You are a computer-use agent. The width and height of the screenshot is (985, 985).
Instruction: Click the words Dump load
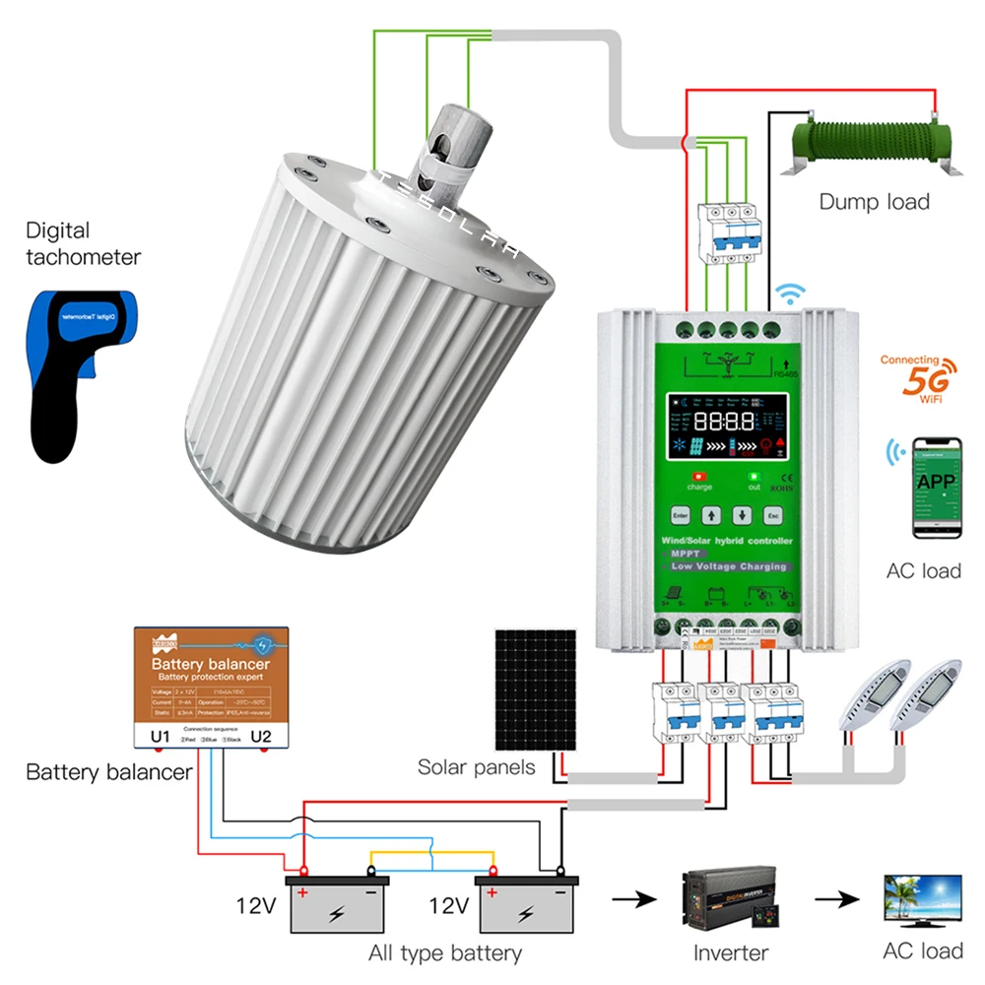pyautogui.click(x=874, y=202)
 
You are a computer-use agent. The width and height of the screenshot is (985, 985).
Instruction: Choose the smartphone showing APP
pyautogui.click(x=936, y=488)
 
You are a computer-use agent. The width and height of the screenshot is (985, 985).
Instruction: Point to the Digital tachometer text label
pyautogui.click(x=83, y=243)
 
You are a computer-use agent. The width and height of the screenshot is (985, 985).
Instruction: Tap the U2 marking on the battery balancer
pyautogui.click(x=262, y=736)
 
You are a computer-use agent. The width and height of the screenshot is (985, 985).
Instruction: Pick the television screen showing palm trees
pyautogui.click(x=922, y=898)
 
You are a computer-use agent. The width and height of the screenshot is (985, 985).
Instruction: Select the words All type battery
pyautogui.click(x=445, y=952)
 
